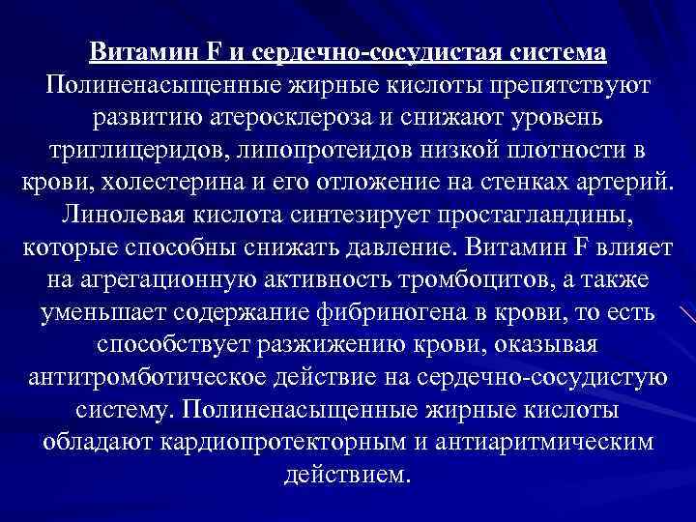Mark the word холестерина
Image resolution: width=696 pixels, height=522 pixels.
click(164, 185)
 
